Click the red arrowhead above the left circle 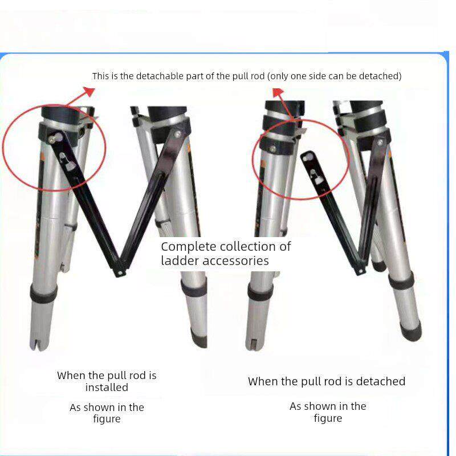point(90,91)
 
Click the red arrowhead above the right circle point(278,92)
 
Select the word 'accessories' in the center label point(235,260)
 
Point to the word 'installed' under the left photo point(107,388)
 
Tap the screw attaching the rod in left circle point(52,140)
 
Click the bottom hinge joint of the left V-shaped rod point(119,273)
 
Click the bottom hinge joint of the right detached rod point(361,271)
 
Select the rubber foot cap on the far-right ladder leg point(410,330)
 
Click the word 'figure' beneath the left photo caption point(107,419)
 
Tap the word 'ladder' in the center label point(180,260)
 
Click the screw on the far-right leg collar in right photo point(380,142)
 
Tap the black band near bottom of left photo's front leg point(43,294)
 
